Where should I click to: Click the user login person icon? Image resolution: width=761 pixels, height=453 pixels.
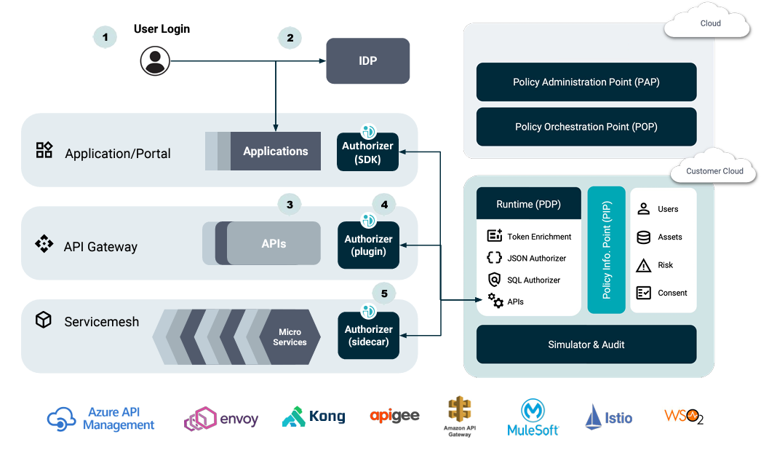pyautogui.click(x=155, y=60)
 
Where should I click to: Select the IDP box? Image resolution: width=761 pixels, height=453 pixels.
pyautogui.click(x=367, y=60)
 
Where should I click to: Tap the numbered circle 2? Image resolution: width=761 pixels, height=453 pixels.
pyautogui.click(x=290, y=38)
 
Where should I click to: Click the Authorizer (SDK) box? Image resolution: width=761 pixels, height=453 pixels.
pyautogui.click(x=368, y=151)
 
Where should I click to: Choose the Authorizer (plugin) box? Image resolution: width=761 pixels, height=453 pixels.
pyautogui.click(x=368, y=245)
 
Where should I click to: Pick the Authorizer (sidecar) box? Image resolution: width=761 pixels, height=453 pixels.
pyautogui.click(x=368, y=335)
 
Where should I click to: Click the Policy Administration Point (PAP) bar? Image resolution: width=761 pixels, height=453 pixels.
pyautogui.click(x=586, y=82)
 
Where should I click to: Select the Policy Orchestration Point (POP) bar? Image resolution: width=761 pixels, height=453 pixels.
pyautogui.click(x=586, y=127)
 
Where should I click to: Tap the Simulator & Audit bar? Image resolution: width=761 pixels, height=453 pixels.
pyautogui.click(x=586, y=344)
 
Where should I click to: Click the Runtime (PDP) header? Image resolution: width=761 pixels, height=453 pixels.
pyautogui.click(x=528, y=205)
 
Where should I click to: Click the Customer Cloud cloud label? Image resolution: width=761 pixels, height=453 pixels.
pyautogui.click(x=714, y=171)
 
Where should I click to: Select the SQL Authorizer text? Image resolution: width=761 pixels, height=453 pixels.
pyautogui.click(x=533, y=280)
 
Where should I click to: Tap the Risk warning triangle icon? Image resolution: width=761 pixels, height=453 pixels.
pyautogui.click(x=643, y=265)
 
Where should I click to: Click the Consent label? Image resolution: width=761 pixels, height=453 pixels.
pyautogui.click(x=672, y=293)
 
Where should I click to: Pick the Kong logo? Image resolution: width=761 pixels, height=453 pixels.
pyautogui.click(x=314, y=417)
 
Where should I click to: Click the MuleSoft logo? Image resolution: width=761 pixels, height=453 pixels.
pyautogui.click(x=533, y=419)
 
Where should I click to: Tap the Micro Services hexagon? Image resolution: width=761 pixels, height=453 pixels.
pyautogui.click(x=290, y=337)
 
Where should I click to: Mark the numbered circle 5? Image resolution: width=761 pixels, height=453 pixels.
pyautogui.click(x=383, y=294)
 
